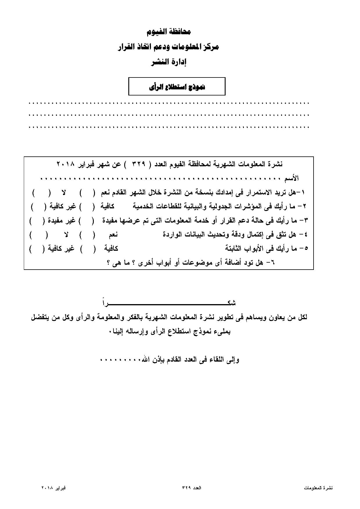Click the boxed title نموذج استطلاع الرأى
click(x=177, y=87)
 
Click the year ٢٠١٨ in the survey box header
click(x=66, y=164)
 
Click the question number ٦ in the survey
click(x=272, y=263)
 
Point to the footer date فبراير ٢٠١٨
click(x=53, y=488)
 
